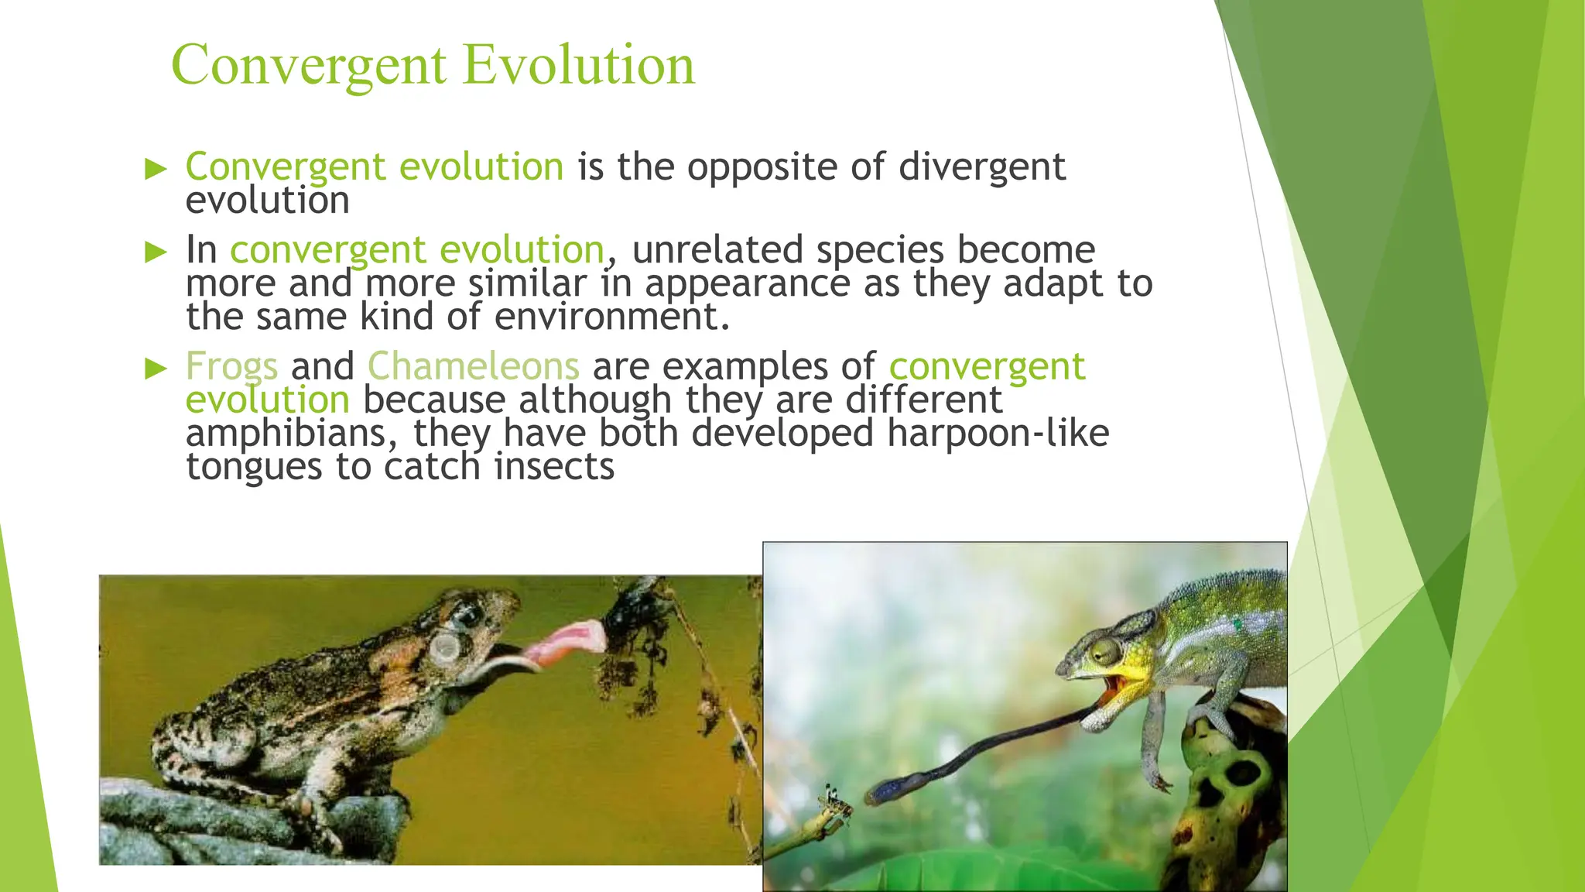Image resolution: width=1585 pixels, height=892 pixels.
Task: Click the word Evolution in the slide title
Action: (x=579, y=65)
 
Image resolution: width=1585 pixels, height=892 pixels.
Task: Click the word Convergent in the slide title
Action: (x=309, y=65)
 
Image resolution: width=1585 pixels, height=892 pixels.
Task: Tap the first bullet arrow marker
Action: (x=156, y=169)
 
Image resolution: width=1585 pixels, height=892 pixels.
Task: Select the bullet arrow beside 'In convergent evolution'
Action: (x=156, y=252)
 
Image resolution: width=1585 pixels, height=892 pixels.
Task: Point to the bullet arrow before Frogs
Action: (x=156, y=369)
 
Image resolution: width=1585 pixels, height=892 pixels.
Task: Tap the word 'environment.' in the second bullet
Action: (x=611, y=317)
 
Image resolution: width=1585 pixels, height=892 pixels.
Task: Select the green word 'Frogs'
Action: (x=231, y=367)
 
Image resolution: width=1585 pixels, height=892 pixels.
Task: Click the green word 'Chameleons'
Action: (x=473, y=366)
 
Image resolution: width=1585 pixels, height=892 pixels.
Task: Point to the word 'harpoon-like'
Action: (x=998, y=434)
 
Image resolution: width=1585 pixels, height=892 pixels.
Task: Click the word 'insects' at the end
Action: (x=554, y=468)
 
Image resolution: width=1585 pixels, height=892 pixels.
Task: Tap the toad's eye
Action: (x=466, y=616)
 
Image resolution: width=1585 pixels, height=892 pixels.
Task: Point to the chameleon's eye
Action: (x=1103, y=652)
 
